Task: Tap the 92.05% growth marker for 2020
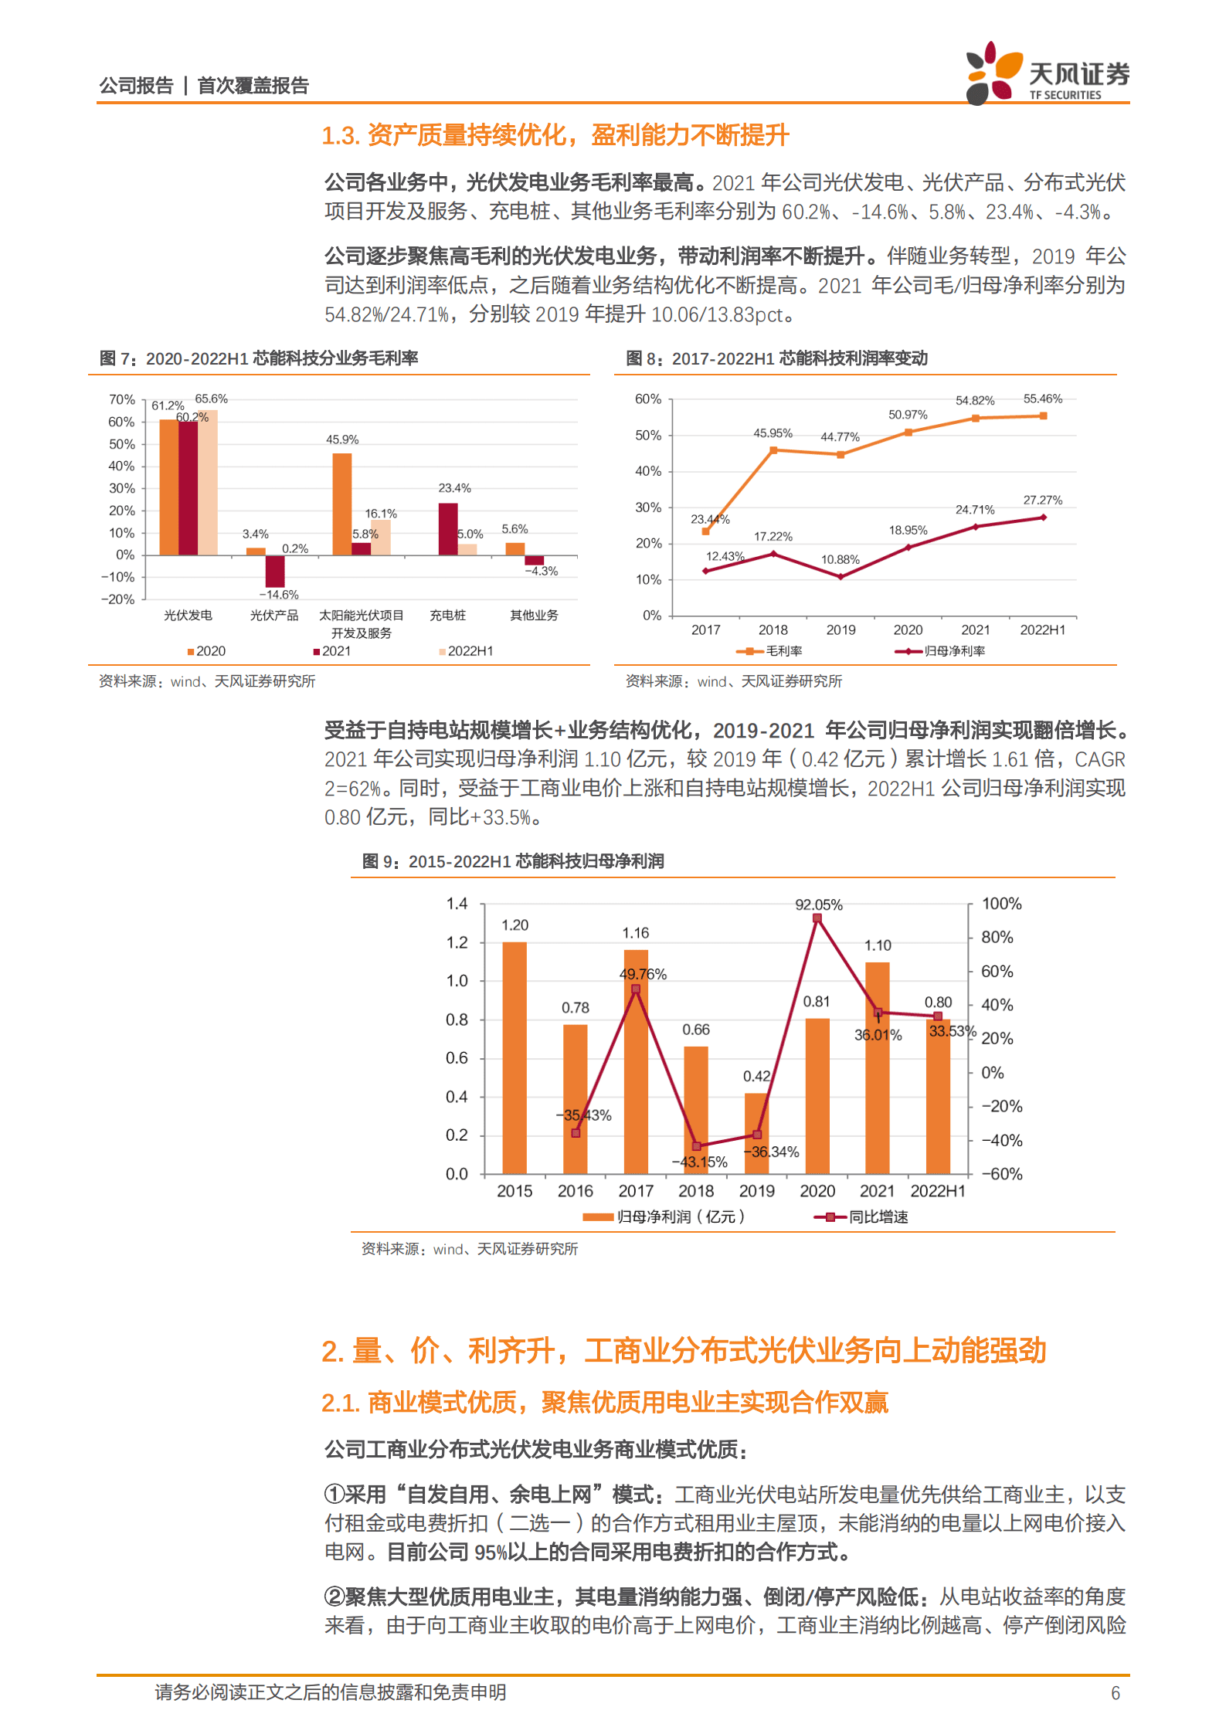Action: (817, 918)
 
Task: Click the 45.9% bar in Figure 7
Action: (342, 504)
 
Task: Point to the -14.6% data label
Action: (279, 595)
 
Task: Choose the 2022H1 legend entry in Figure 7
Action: (466, 651)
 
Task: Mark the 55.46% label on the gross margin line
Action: (1042, 399)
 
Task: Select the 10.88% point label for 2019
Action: (840, 560)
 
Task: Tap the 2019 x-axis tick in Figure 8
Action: (841, 630)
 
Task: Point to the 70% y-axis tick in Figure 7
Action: (121, 399)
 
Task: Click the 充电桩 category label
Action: (448, 616)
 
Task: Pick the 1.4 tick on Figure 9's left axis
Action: (457, 904)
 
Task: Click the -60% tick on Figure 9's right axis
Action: (1001, 1174)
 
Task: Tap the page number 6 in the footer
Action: (1115, 1693)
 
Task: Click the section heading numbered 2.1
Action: (605, 1402)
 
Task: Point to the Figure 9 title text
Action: (513, 861)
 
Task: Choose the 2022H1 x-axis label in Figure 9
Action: (938, 1192)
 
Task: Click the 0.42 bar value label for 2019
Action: (756, 1076)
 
